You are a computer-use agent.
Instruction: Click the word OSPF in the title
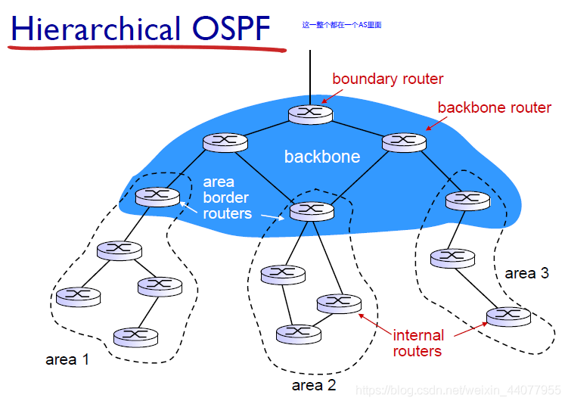click(x=231, y=28)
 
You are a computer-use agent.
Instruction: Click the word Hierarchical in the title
click(x=96, y=28)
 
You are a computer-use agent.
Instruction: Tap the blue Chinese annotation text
click(x=342, y=25)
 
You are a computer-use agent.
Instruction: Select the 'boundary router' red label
click(x=387, y=79)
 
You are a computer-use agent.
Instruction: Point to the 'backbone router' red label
click(x=495, y=107)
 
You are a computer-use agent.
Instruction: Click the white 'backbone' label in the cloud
click(x=322, y=157)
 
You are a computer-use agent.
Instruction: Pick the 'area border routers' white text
click(x=227, y=197)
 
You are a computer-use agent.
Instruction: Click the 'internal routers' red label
click(x=418, y=343)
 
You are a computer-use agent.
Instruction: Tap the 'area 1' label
click(x=67, y=359)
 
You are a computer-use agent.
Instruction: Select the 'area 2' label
click(x=314, y=385)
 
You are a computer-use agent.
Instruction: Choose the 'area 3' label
click(x=526, y=273)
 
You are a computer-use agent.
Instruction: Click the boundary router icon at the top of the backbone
click(x=310, y=114)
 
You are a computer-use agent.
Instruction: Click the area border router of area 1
click(x=157, y=197)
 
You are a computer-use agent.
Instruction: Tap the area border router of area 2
click(x=312, y=211)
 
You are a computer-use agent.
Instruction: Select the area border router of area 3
click(x=467, y=200)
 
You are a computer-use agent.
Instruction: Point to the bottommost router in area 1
click(x=136, y=337)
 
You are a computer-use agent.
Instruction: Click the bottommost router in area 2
click(x=299, y=334)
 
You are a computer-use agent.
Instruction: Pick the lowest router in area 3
click(x=508, y=317)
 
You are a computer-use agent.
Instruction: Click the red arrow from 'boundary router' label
click(x=332, y=96)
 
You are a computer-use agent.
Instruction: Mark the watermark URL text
click(x=458, y=390)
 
